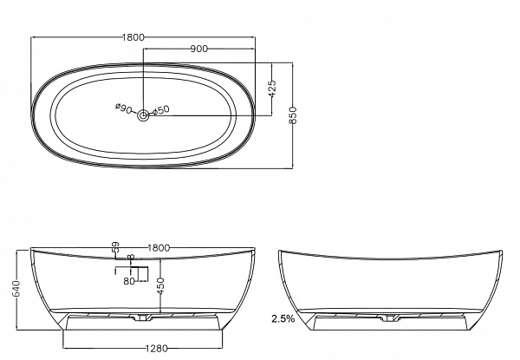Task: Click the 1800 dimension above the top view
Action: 133,37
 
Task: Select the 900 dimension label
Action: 199,49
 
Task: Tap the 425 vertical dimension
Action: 272,88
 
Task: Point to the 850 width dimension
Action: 293,115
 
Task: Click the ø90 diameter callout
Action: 123,108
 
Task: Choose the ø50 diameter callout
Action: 161,110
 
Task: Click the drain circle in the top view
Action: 143,115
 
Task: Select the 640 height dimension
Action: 16,289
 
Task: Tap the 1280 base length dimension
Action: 157,349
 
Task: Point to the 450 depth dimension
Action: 160,286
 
